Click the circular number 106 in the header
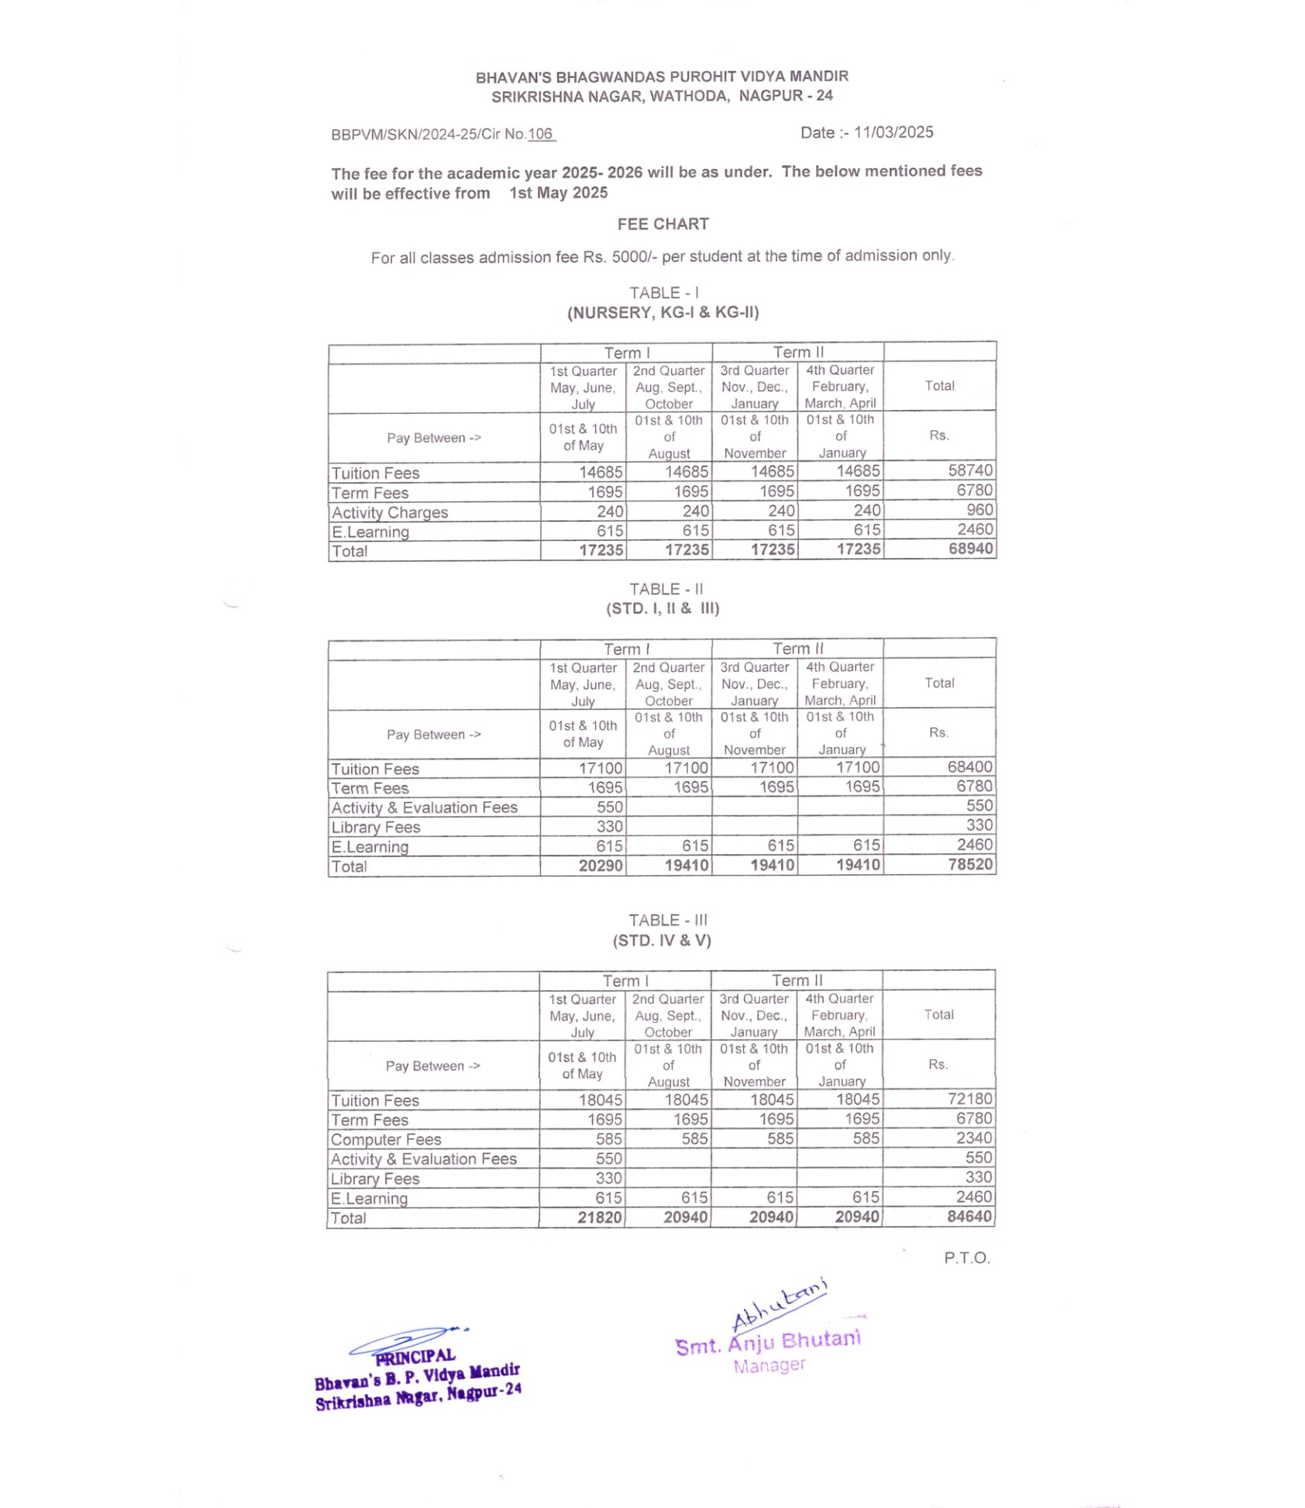(x=540, y=134)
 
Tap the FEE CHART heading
(x=663, y=224)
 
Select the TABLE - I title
(x=663, y=293)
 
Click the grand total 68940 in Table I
(x=970, y=549)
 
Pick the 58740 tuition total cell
(x=970, y=470)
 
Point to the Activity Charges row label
(x=390, y=512)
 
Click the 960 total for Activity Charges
(x=980, y=510)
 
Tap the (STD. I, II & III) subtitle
(x=663, y=608)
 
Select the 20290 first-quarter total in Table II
(x=601, y=866)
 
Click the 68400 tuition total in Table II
(x=969, y=766)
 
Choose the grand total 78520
(x=970, y=864)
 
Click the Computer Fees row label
(x=386, y=1139)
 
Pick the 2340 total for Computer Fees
(x=973, y=1138)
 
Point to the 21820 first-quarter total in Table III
(x=600, y=1217)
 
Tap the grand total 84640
(x=969, y=1216)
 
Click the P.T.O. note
(x=966, y=1258)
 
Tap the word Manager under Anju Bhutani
(x=769, y=1365)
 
